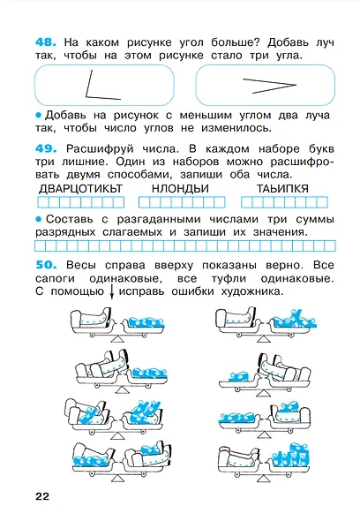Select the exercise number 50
coord(44,264)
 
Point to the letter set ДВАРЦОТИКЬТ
coord(83,188)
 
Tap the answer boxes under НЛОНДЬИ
coord(182,200)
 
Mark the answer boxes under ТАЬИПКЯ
coord(282,200)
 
